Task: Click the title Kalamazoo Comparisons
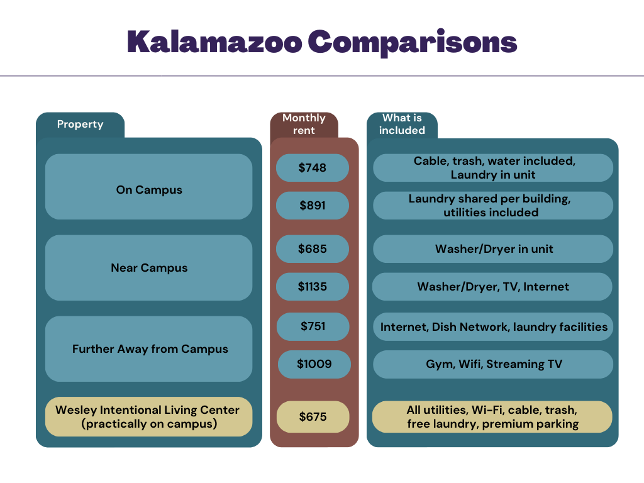pyautogui.click(x=321, y=42)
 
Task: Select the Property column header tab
pyautogui.click(x=80, y=125)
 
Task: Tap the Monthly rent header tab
pyautogui.click(x=304, y=124)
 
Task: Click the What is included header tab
pyautogui.click(x=402, y=125)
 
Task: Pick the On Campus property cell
pyautogui.click(x=149, y=190)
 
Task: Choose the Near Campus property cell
pyautogui.click(x=149, y=268)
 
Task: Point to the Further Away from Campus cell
pyautogui.click(x=150, y=349)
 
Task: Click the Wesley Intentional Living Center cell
pyautogui.click(x=148, y=417)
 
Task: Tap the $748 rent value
pyautogui.click(x=313, y=168)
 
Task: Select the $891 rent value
pyautogui.click(x=313, y=206)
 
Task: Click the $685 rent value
pyautogui.click(x=313, y=249)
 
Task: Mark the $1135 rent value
pyautogui.click(x=313, y=287)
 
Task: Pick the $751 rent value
pyautogui.click(x=313, y=326)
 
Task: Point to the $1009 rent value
pyautogui.click(x=314, y=364)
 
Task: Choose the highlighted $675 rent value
pyautogui.click(x=313, y=417)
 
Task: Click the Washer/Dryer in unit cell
pyautogui.click(x=494, y=249)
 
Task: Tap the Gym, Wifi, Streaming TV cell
pyautogui.click(x=494, y=364)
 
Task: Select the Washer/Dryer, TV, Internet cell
pyautogui.click(x=493, y=287)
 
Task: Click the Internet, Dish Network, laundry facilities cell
pyautogui.click(x=494, y=327)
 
